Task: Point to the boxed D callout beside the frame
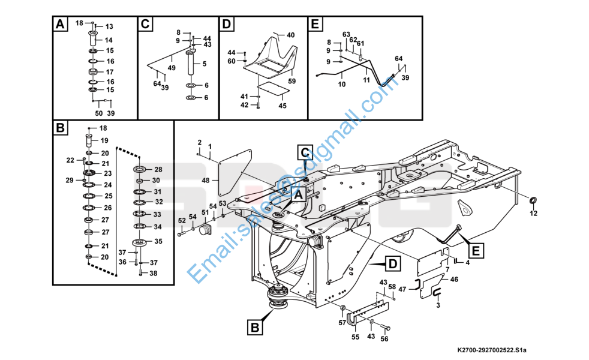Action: point(391,263)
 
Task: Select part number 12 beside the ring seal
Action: point(533,213)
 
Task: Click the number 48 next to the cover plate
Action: point(205,181)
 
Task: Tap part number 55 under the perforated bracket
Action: point(355,337)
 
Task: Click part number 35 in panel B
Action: point(158,241)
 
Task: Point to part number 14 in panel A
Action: point(109,40)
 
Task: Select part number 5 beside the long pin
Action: point(205,64)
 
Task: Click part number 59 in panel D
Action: point(292,81)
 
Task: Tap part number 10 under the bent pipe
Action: point(341,85)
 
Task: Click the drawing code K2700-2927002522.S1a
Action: point(495,349)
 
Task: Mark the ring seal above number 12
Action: point(533,199)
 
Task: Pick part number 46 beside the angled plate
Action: point(454,280)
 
